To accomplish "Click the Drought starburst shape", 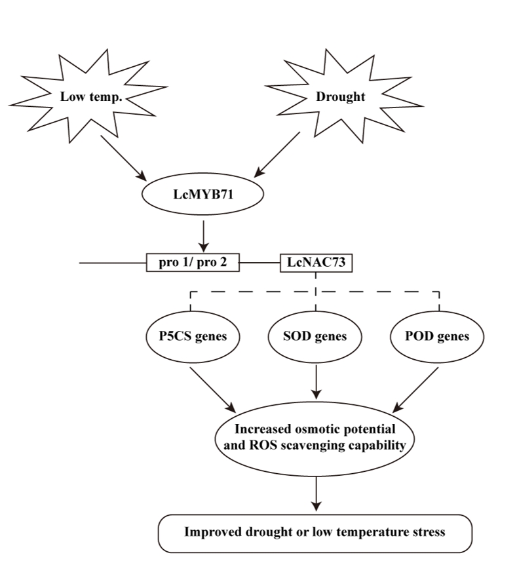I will pos(340,96).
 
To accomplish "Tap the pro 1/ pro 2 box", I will pos(193,263).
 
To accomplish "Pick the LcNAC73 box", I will pos(317,263).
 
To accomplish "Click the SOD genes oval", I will pos(317,337).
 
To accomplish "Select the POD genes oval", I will pos(438,337).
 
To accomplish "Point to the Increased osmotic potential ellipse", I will pos(317,438).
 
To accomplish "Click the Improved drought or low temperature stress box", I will pos(315,532).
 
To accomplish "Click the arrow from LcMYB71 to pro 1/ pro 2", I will pos(204,233).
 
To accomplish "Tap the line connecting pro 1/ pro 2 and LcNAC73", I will pos(259,263).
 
